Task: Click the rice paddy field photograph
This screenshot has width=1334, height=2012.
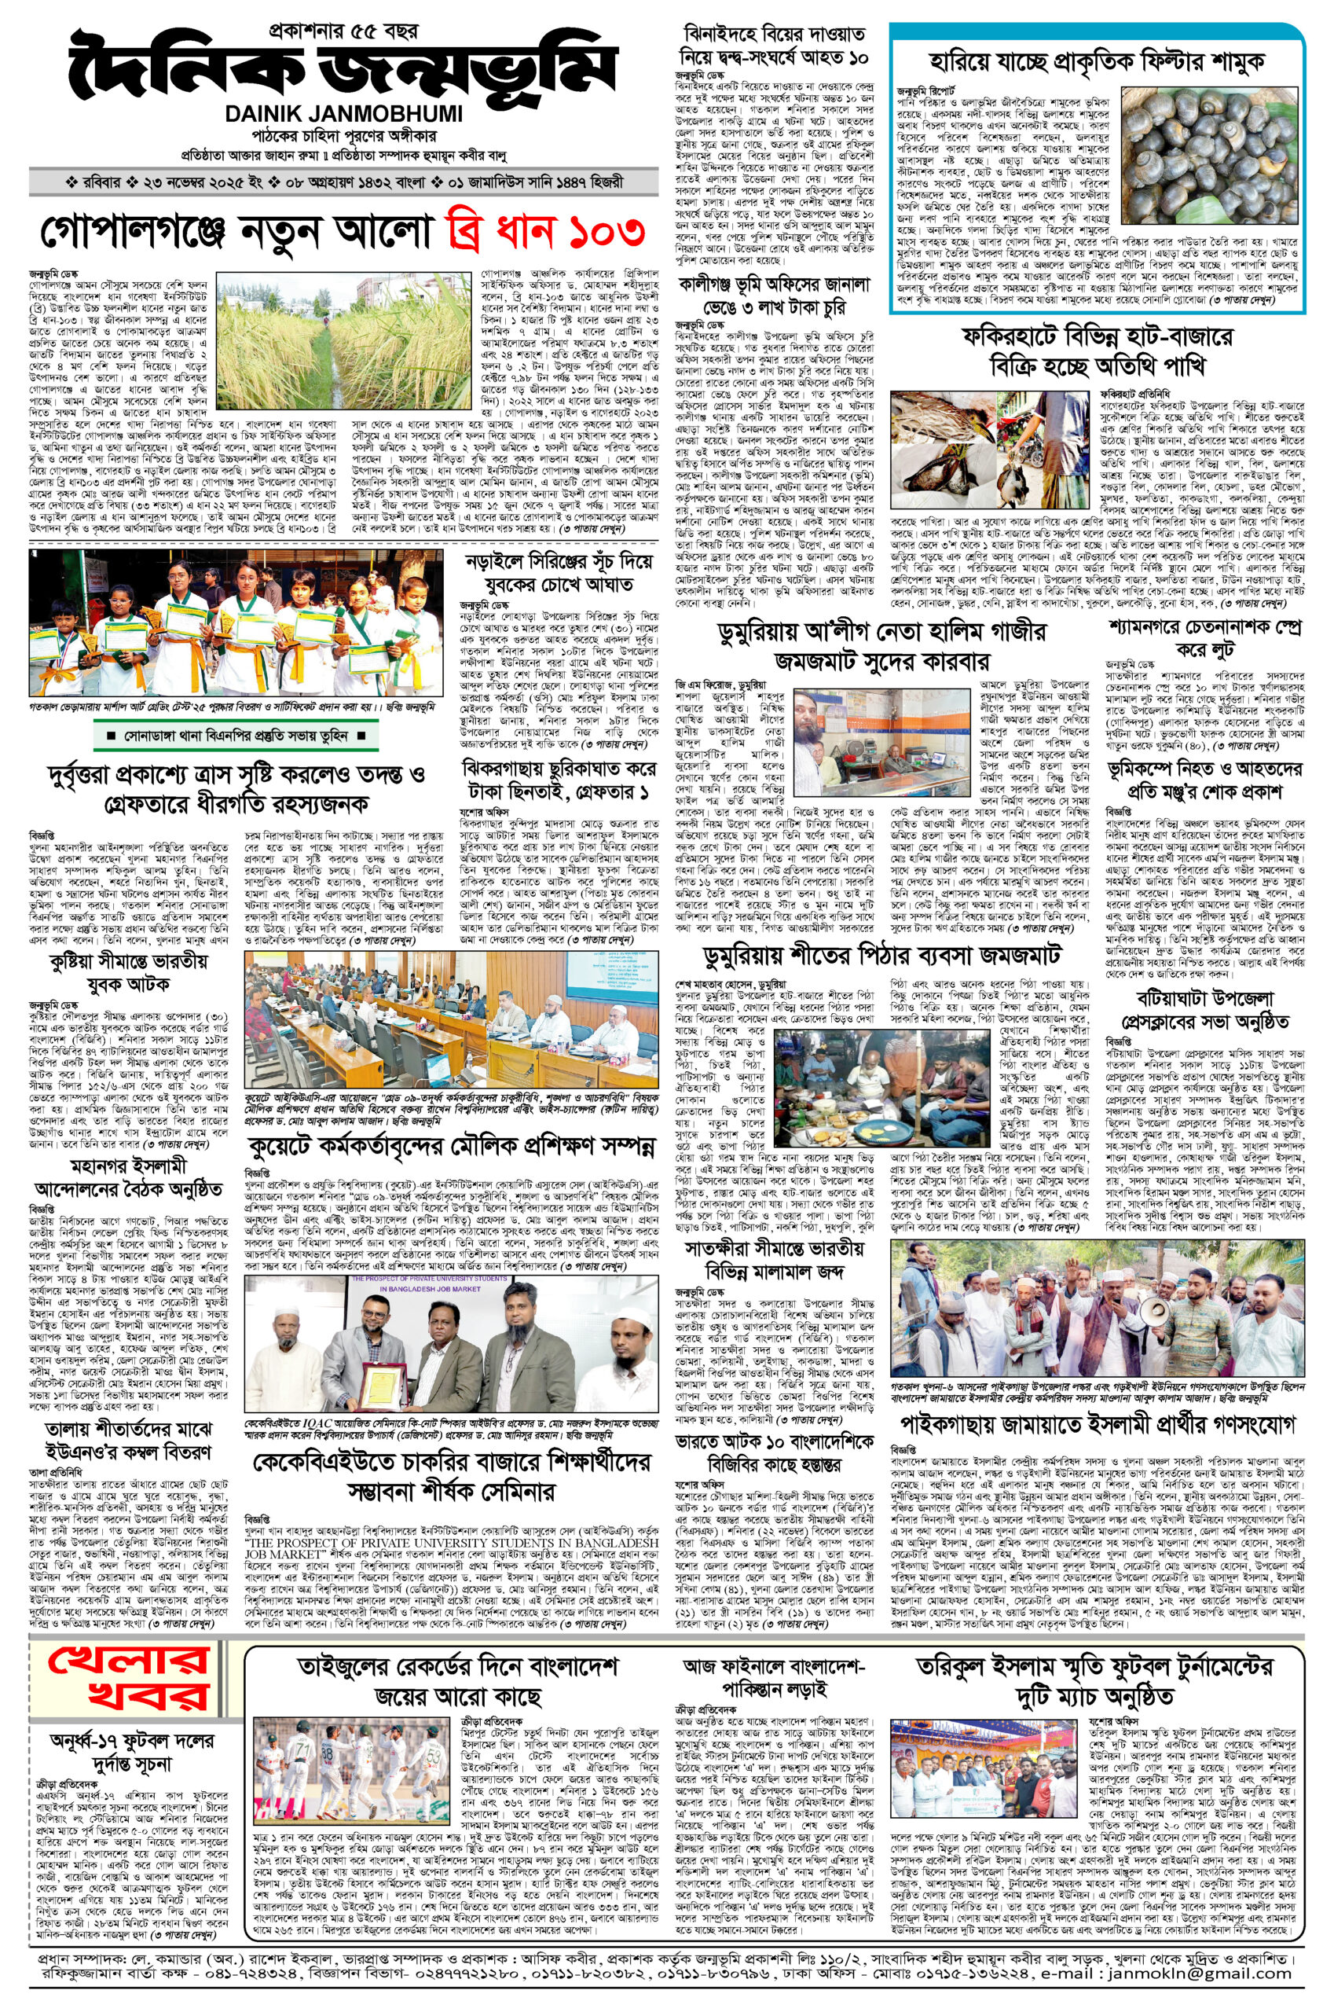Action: [x=343, y=340]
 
